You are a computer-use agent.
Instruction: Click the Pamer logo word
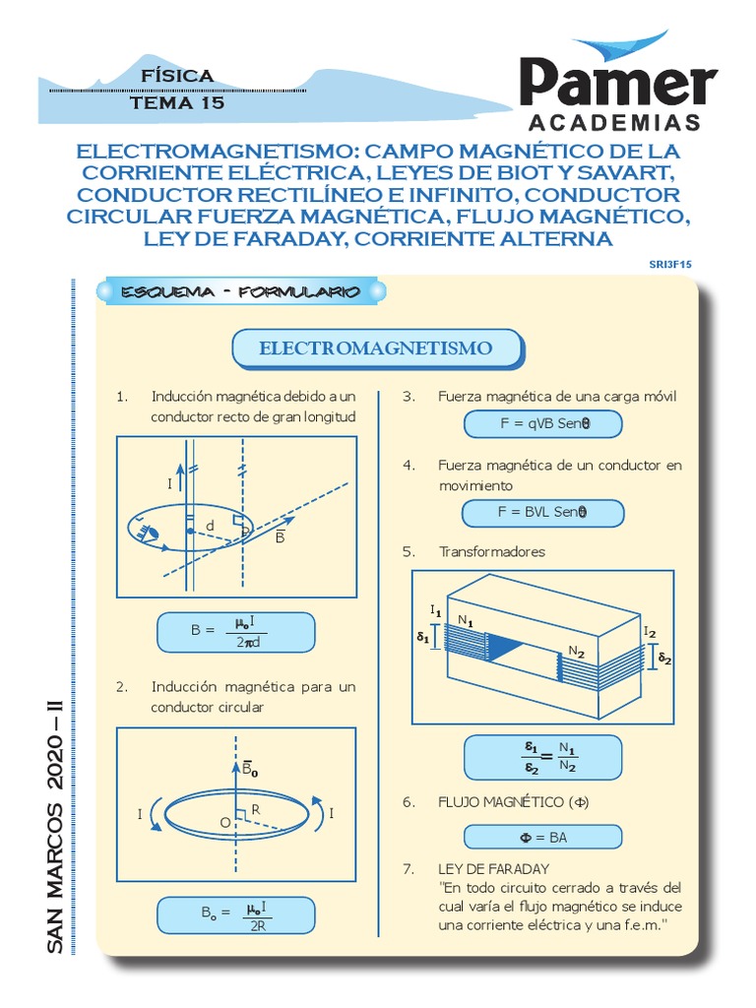coord(618,83)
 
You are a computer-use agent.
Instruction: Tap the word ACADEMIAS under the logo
coord(615,123)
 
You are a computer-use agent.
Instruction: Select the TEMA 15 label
coord(177,102)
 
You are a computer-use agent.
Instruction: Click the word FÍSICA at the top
coord(177,76)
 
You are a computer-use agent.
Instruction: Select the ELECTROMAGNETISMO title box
coord(375,348)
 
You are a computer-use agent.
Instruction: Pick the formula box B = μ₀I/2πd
coord(235,631)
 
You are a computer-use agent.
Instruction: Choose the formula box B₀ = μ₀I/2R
coord(235,914)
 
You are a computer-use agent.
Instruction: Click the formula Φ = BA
coord(543,837)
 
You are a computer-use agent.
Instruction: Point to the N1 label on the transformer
coord(466,621)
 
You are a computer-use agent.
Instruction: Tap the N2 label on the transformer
coord(576,652)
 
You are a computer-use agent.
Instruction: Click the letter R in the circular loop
coord(256,808)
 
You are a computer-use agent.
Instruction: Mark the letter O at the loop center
coord(224,822)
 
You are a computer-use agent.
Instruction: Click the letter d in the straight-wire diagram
coord(211,527)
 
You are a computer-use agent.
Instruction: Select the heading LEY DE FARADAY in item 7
coord(494,868)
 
